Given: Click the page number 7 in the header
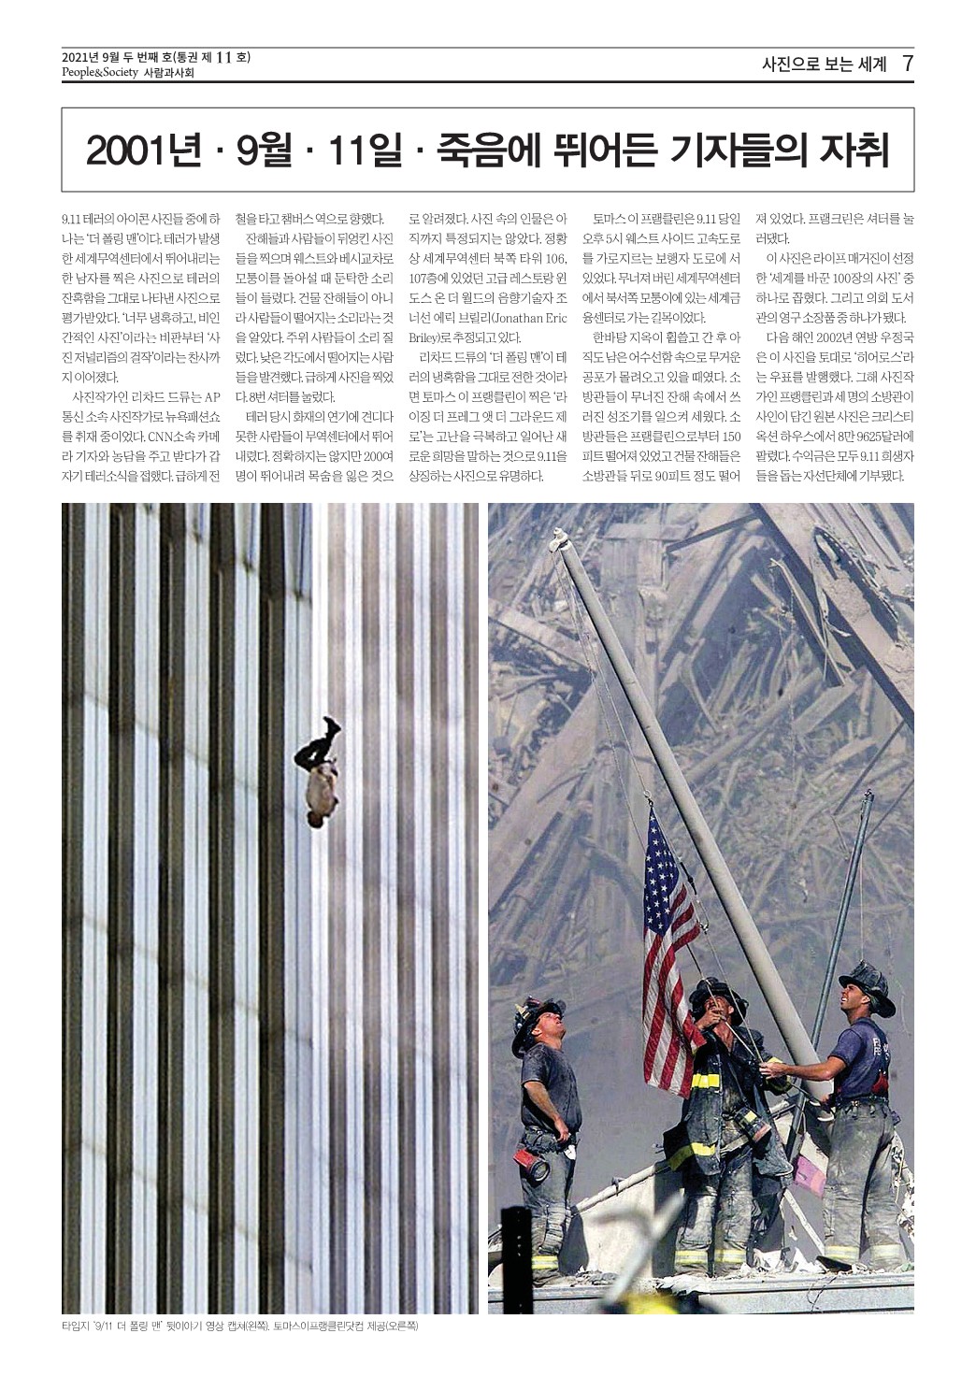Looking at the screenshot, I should point(906,65).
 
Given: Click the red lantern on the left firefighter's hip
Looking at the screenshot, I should point(537,1168).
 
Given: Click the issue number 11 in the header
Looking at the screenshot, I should point(222,58).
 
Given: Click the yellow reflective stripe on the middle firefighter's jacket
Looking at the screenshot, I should point(705,1081).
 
